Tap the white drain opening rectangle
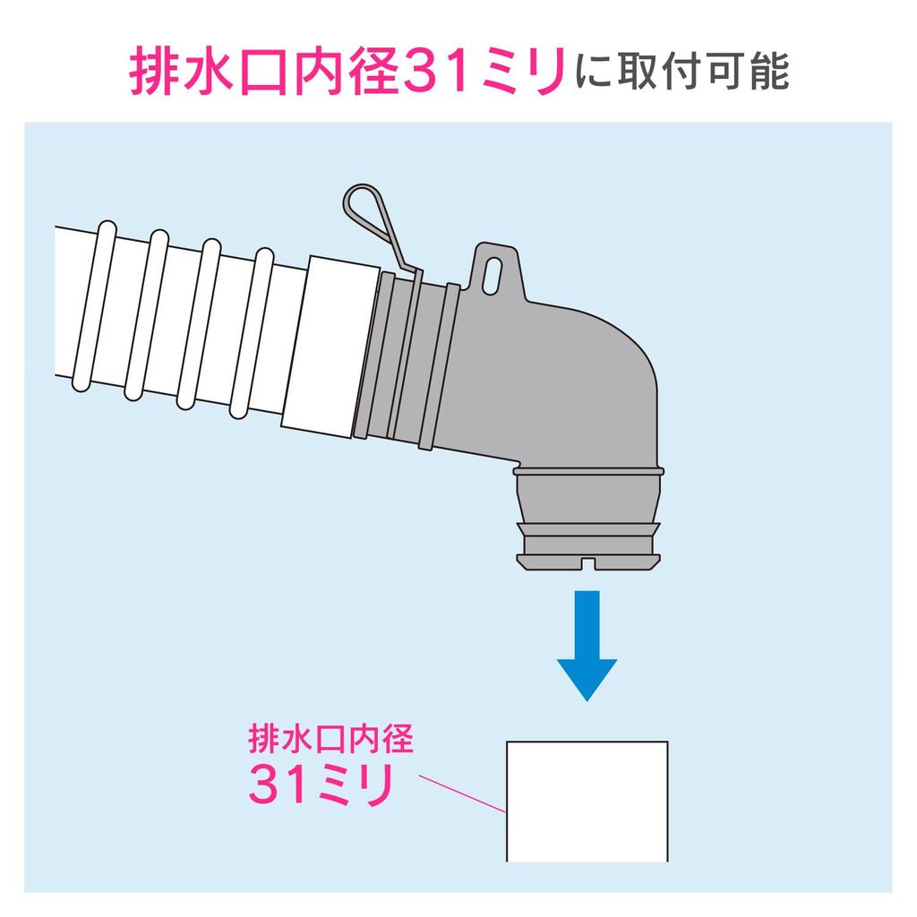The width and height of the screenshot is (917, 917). [587, 800]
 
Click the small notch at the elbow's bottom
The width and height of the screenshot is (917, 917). [587, 562]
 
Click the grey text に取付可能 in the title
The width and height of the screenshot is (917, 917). [682, 72]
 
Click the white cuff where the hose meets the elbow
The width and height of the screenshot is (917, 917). [326, 344]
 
